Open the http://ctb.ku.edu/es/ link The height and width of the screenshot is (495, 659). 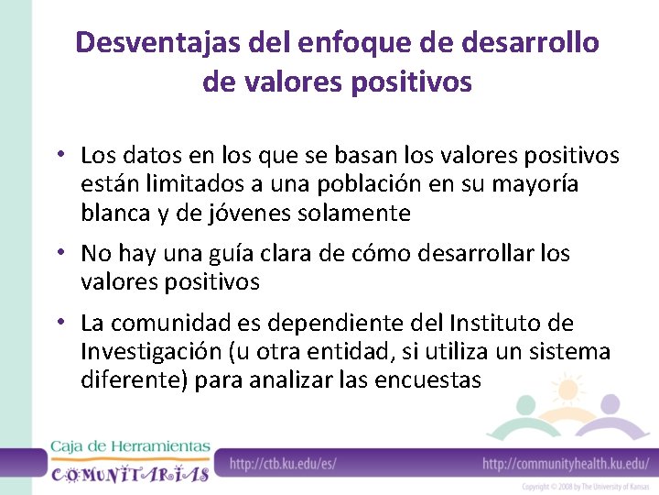click(283, 464)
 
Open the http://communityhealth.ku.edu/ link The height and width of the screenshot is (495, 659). click(566, 464)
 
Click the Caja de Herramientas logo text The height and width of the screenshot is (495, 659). click(130, 446)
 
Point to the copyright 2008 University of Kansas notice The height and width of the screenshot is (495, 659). click(586, 487)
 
